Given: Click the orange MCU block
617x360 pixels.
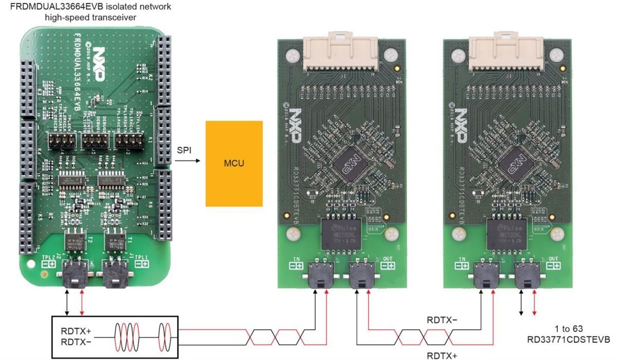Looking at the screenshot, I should tap(234, 164).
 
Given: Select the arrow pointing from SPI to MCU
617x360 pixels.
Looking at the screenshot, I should tap(187, 160).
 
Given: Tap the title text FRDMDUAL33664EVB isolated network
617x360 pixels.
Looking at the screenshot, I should tap(87, 7).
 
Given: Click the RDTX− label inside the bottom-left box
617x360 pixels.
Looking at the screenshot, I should tap(76, 341).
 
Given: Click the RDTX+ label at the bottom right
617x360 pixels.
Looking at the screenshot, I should tap(443, 354).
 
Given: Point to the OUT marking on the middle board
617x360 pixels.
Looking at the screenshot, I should tap(388, 259).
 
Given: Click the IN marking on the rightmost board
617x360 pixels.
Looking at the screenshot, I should tap(462, 259).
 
